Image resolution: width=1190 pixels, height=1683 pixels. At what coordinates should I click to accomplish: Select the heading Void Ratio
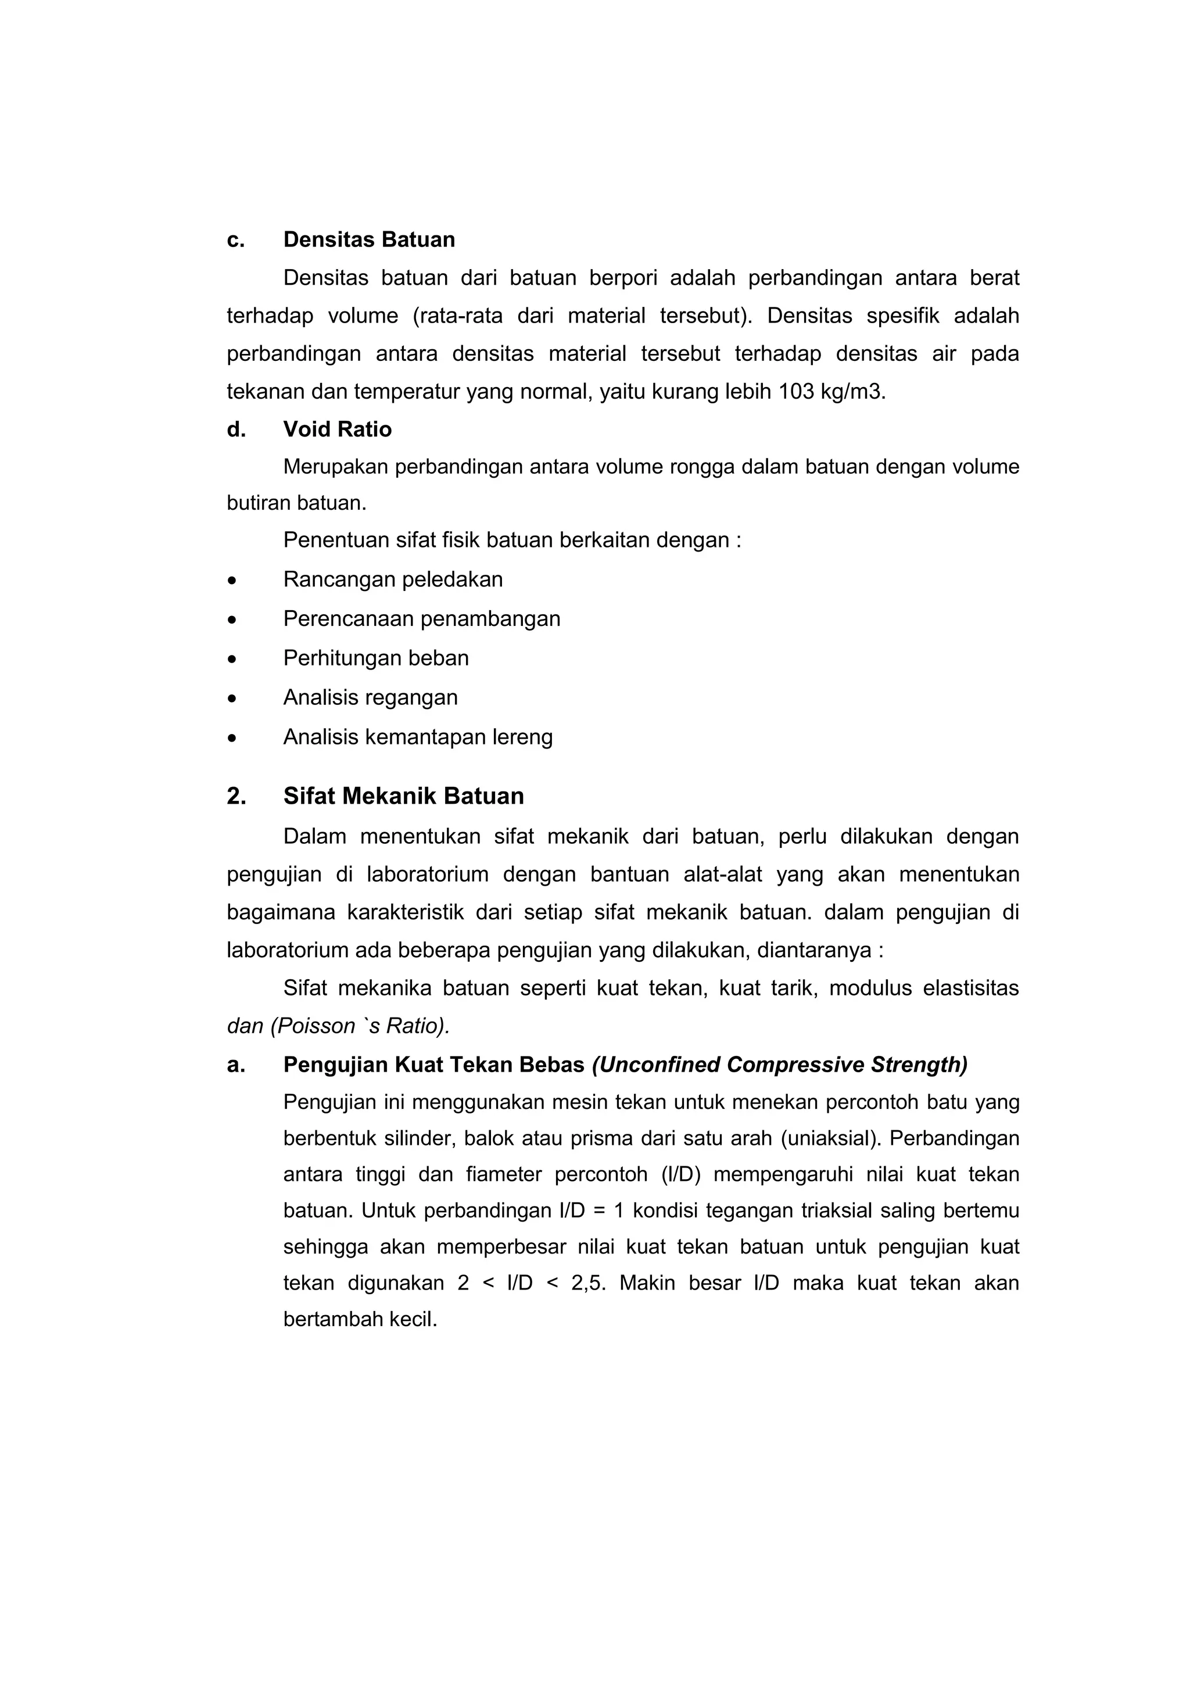click(337, 429)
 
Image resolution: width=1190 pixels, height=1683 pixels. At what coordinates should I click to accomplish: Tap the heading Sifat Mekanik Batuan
click(403, 796)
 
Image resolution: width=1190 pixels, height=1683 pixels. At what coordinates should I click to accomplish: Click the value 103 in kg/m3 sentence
click(796, 392)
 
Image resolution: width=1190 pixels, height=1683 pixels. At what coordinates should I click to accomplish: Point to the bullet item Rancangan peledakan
click(393, 580)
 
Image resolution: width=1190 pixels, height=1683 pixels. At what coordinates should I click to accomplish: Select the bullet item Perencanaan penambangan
click(421, 620)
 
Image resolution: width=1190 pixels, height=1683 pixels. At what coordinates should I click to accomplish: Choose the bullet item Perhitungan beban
click(376, 658)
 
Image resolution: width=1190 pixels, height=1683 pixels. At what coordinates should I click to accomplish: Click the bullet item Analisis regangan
click(370, 697)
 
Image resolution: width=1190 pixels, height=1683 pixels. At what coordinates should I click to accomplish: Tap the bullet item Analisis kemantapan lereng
click(418, 737)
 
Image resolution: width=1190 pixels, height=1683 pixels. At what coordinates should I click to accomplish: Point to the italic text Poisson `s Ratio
click(359, 1026)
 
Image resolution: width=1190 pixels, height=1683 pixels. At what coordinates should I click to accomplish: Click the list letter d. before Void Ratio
click(236, 429)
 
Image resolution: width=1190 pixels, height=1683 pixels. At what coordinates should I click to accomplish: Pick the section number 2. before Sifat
click(236, 796)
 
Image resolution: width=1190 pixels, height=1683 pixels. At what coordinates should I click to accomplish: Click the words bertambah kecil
click(360, 1319)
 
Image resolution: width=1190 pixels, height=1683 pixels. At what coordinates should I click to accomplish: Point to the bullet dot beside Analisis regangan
click(232, 699)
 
